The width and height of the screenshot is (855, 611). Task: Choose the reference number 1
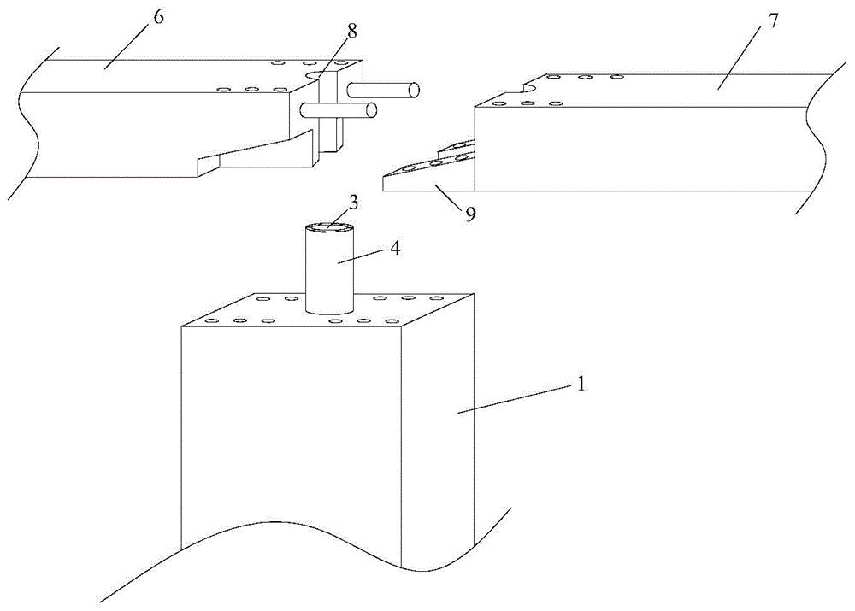point(581,385)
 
